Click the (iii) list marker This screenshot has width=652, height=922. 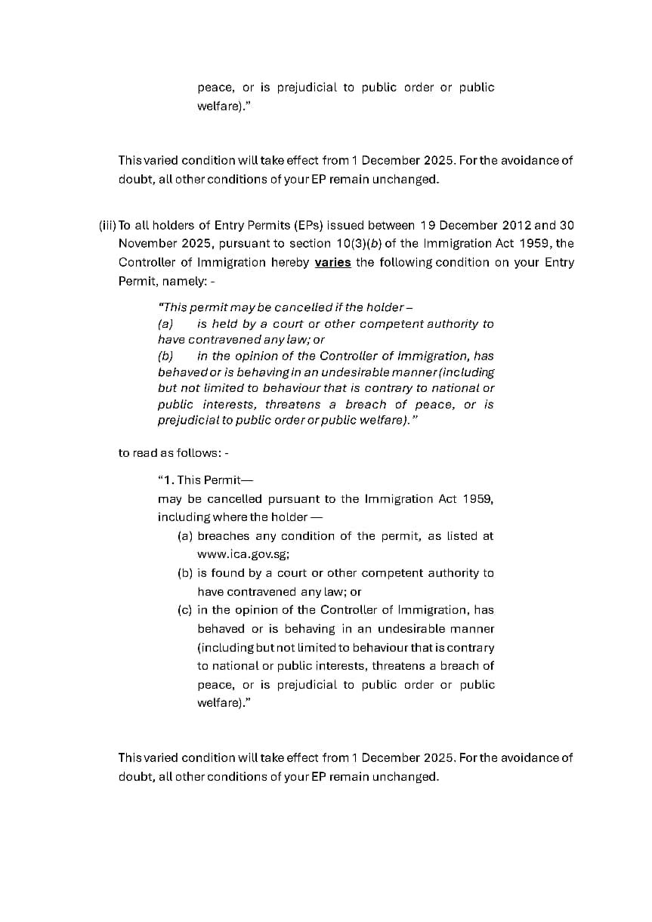pos(107,225)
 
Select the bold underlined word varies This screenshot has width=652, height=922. pos(332,263)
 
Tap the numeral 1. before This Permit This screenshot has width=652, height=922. pos(169,480)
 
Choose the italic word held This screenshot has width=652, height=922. pos(224,324)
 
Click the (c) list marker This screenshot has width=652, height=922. pos(185,610)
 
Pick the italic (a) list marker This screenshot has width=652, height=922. pos(165,324)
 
